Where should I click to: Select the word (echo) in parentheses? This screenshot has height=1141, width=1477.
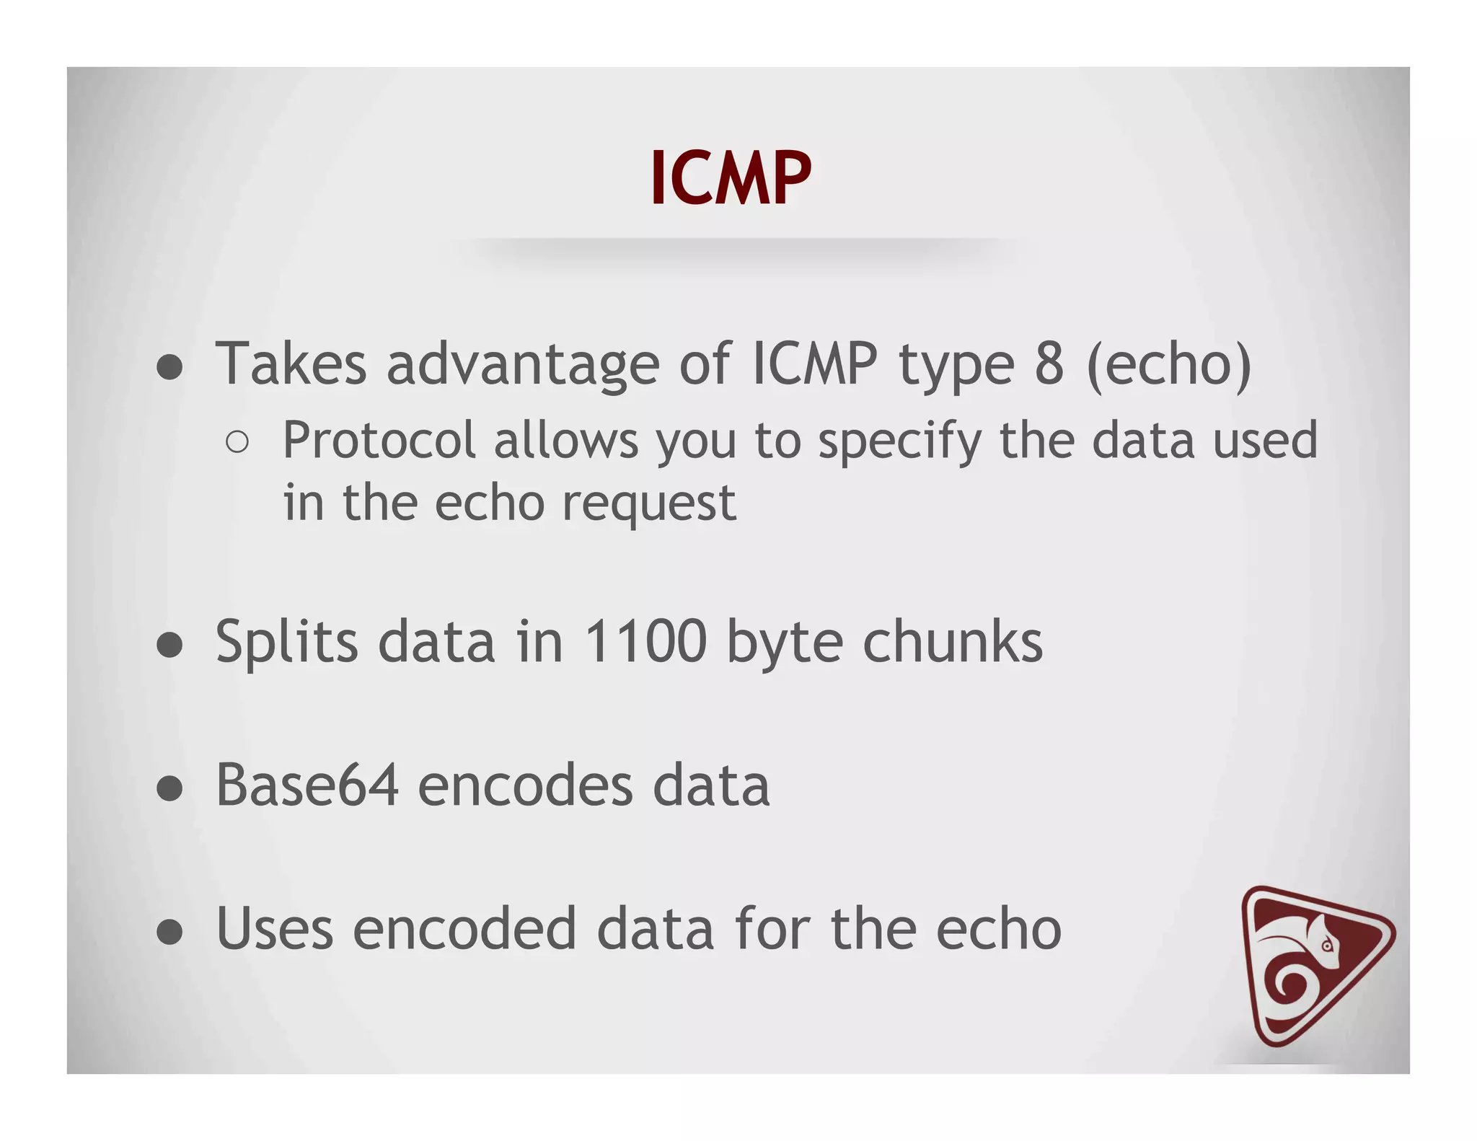(1168, 365)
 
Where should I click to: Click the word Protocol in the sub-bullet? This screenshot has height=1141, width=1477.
(379, 440)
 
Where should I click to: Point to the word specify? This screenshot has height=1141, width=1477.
(899, 441)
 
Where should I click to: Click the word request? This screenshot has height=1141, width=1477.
(648, 503)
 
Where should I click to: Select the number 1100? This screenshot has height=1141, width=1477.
(645, 641)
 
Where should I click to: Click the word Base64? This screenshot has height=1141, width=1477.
(307, 785)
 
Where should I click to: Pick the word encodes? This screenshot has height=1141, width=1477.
(525, 785)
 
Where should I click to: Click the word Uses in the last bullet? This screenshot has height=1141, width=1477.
(274, 929)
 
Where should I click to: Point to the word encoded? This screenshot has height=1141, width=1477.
(464, 929)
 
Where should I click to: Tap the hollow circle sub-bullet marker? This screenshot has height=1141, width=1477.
(237, 441)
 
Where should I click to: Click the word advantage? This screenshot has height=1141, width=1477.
(523, 365)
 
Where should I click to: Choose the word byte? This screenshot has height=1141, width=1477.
(784, 643)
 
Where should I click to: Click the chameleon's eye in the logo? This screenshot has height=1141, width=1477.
(1327, 946)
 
